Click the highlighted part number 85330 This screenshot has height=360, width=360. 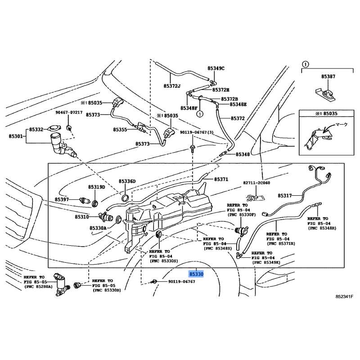[x=196, y=274]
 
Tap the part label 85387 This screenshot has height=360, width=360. [x=328, y=77]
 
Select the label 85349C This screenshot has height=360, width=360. [x=216, y=68]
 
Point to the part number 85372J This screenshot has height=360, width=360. [x=172, y=86]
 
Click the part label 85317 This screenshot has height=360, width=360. [x=285, y=196]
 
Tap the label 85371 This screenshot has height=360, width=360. [x=221, y=179]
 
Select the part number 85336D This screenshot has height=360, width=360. [x=127, y=181]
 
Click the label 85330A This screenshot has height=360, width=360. [x=98, y=228]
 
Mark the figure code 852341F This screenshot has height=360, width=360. [x=344, y=297]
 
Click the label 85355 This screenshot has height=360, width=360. [x=120, y=129]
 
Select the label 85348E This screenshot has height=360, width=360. [x=238, y=104]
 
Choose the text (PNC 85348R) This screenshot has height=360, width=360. [x=322, y=228]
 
